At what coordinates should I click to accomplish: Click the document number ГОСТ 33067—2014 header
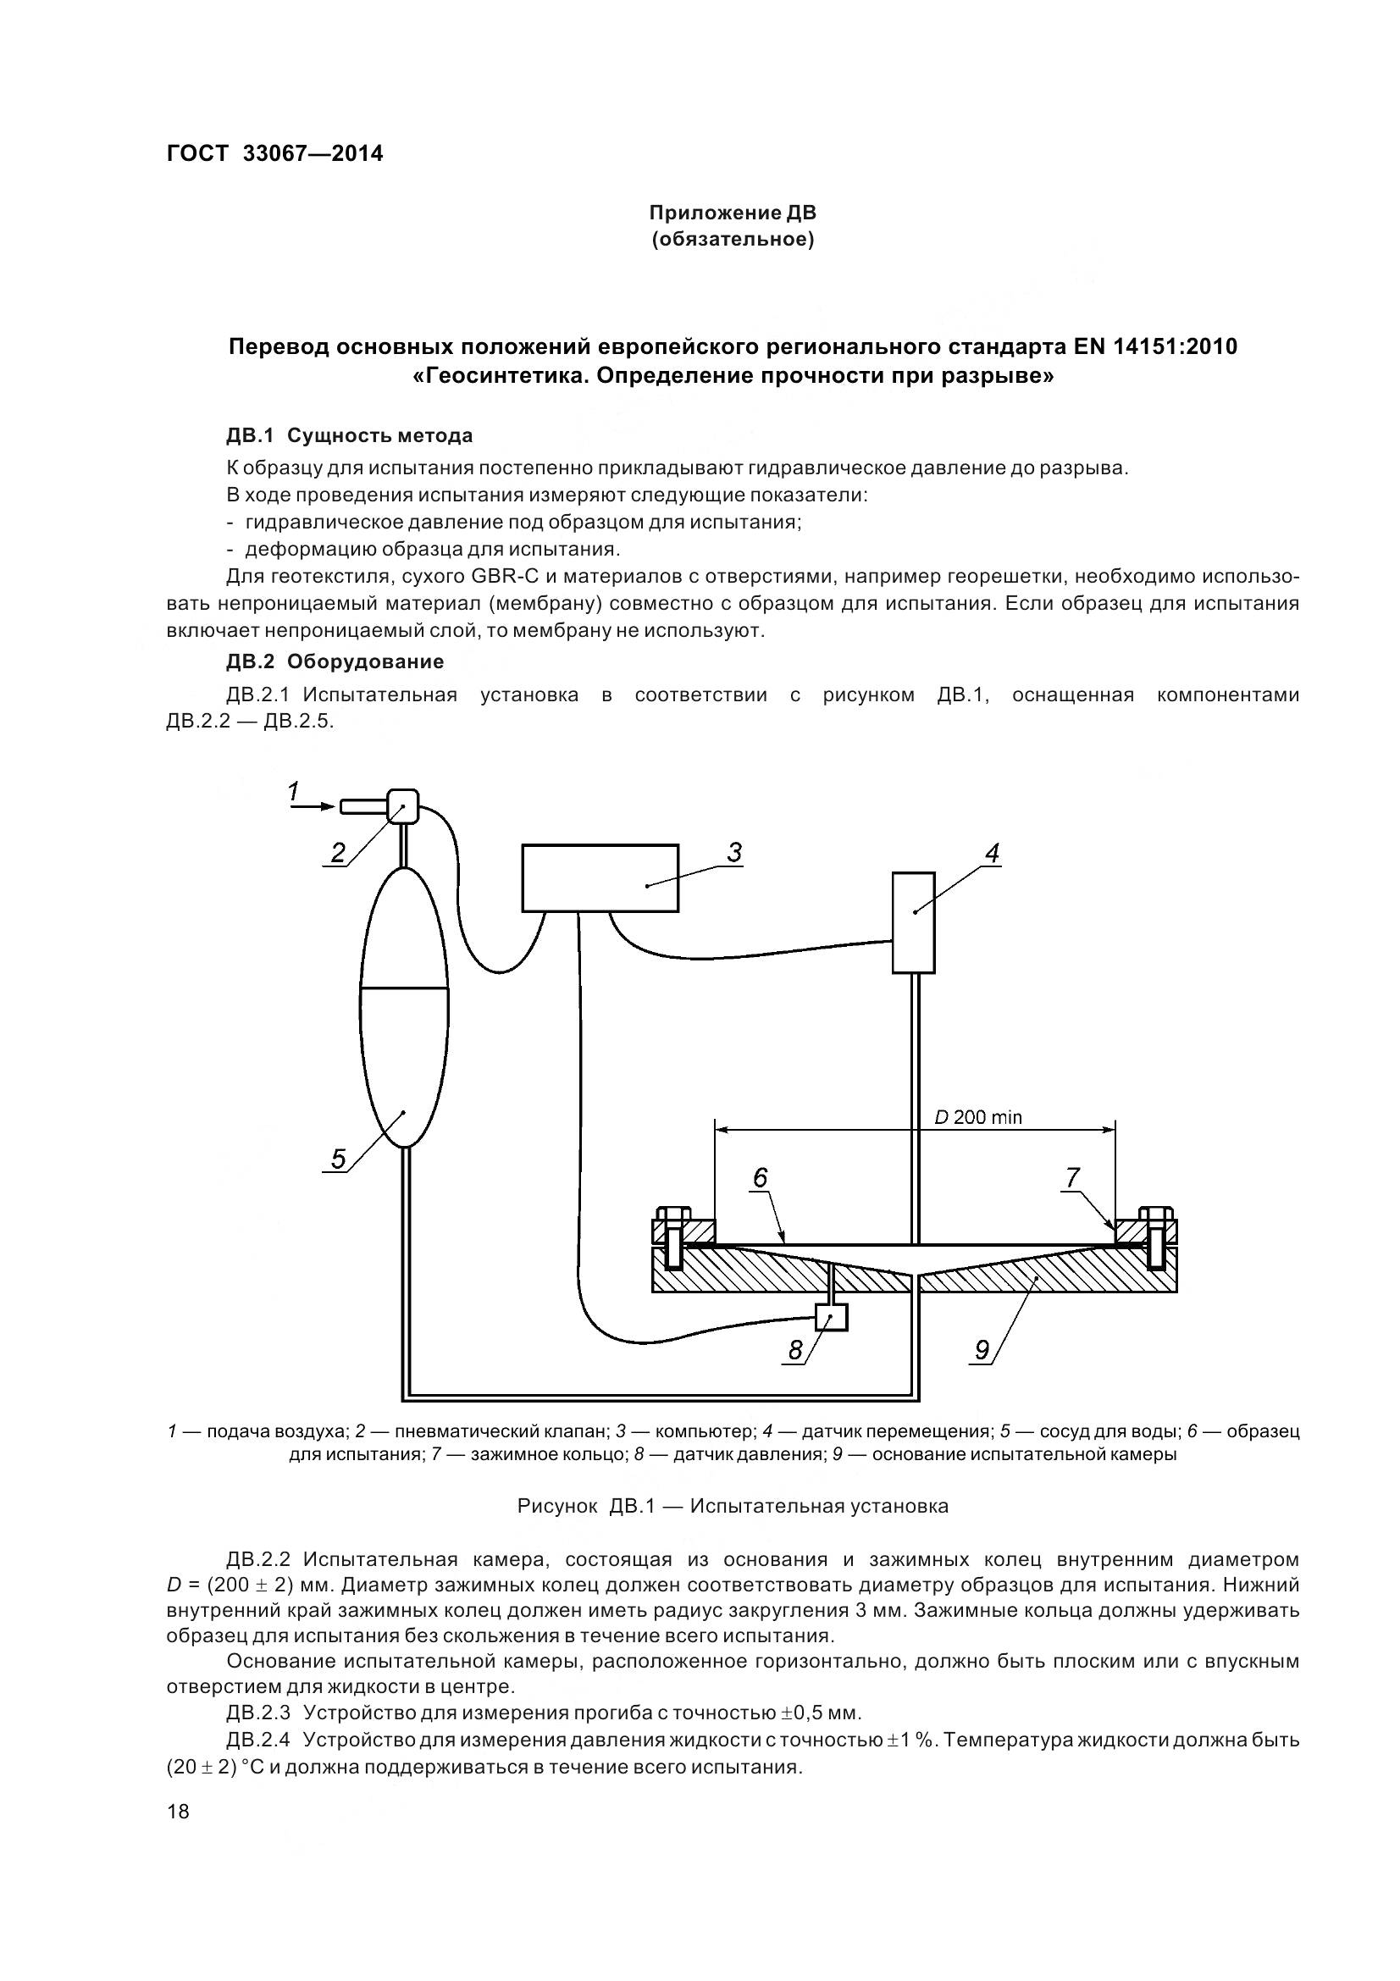pyautogui.click(x=274, y=153)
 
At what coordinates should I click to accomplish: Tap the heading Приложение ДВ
pyautogui.click(x=733, y=213)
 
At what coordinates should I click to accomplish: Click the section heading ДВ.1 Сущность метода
pyautogui.click(x=349, y=435)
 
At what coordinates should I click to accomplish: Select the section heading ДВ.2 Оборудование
pyautogui.click(x=335, y=661)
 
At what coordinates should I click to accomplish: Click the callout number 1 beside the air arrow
pyautogui.click(x=293, y=790)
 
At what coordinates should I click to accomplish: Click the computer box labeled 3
pyautogui.click(x=600, y=877)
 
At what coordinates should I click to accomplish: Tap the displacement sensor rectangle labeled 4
pyautogui.click(x=914, y=921)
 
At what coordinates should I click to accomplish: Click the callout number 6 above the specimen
pyautogui.click(x=760, y=1178)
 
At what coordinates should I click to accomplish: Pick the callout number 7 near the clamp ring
pyautogui.click(x=1072, y=1178)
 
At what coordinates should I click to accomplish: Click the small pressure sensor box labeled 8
pyautogui.click(x=832, y=1317)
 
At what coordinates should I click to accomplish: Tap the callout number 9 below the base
pyautogui.click(x=982, y=1348)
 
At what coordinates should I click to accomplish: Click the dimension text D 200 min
pyautogui.click(x=978, y=1117)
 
